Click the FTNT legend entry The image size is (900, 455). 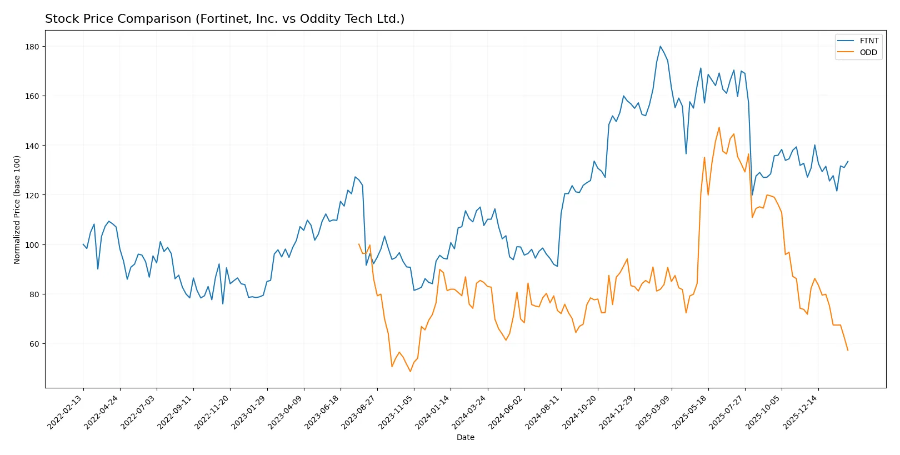[868, 41]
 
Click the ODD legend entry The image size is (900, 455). [868, 52]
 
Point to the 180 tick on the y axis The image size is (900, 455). [32, 47]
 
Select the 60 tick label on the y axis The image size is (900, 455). [34, 344]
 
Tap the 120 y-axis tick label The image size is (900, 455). [32, 195]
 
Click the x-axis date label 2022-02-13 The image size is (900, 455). [65, 412]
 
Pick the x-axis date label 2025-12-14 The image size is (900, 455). [801, 412]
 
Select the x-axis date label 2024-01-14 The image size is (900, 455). [433, 412]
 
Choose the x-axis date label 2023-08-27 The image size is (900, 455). [359, 412]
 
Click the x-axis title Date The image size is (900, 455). [465, 437]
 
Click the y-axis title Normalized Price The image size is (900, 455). [17, 209]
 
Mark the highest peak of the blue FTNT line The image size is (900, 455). [660, 46]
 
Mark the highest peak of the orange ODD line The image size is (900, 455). [719, 127]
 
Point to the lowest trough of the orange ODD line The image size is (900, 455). [411, 371]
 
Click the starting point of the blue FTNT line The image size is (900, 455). [83, 244]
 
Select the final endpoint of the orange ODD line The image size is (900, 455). [848, 350]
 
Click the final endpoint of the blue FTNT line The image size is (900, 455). [848, 162]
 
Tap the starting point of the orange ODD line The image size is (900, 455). [359, 244]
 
